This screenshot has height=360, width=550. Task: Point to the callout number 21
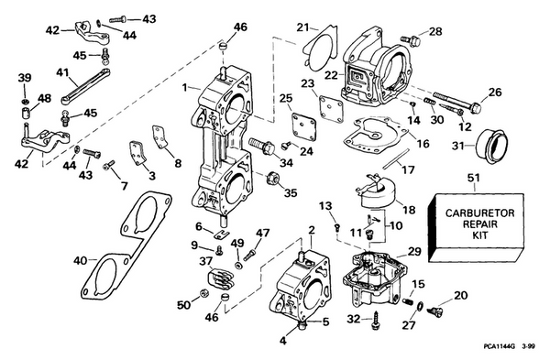click(x=302, y=28)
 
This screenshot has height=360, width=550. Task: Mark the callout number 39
click(x=25, y=77)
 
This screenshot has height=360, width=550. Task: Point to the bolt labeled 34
click(x=258, y=147)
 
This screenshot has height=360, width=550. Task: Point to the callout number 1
click(x=184, y=88)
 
